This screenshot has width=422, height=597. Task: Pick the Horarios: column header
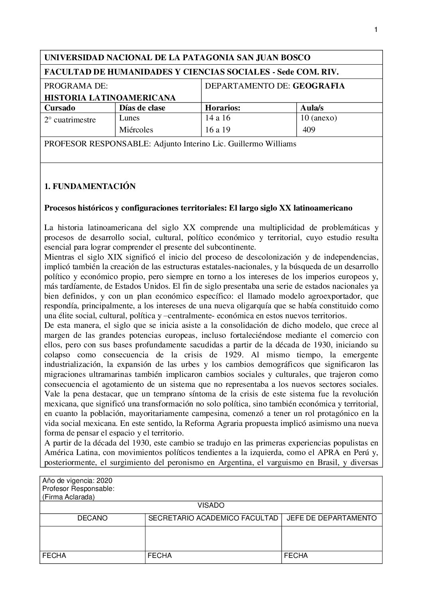click(x=222, y=108)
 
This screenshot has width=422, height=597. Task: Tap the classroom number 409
click(x=309, y=130)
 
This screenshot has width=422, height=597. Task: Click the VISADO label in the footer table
click(x=211, y=506)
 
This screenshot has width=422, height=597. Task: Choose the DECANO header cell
click(x=93, y=518)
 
